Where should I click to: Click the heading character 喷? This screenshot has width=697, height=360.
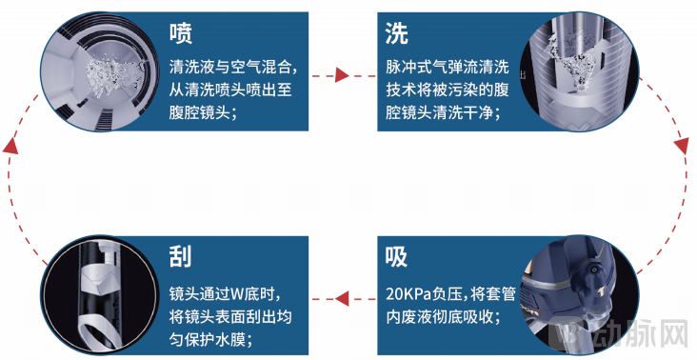coord(181,34)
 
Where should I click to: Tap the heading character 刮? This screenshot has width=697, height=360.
coord(181,255)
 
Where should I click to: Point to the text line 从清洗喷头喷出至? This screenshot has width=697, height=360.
coord(232,90)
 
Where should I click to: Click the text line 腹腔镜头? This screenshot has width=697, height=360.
coord(202,112)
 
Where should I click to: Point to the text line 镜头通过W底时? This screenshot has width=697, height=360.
coord(226,292)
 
